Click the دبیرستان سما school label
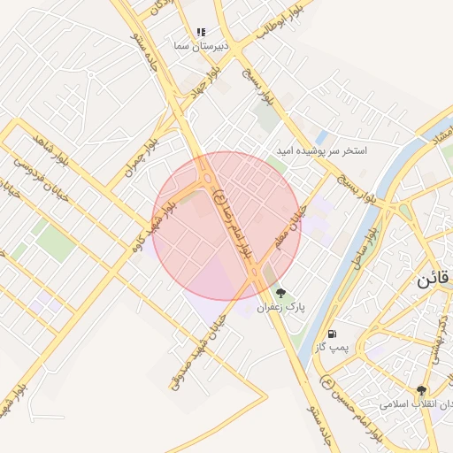click(201, 45)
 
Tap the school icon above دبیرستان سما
click(201, 32)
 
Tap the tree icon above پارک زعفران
click(281, 293)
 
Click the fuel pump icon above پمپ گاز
click(332, 334)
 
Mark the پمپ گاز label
click(331, 349)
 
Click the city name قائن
click(434, 279)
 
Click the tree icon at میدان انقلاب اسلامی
click(422, 390)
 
